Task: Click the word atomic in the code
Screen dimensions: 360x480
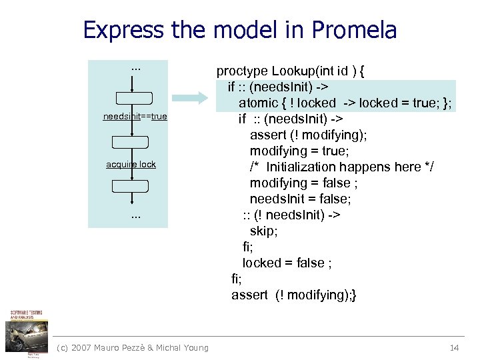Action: tap(259, 103)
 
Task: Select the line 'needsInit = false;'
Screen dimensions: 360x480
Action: tap(300, 199)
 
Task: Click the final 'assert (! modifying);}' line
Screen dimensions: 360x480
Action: tap(293, 295)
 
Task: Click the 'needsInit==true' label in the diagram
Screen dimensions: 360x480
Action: tap(135, 117)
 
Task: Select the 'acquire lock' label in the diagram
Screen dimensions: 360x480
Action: tap(131, 164)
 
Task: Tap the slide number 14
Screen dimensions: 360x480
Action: tap(455, 347)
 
